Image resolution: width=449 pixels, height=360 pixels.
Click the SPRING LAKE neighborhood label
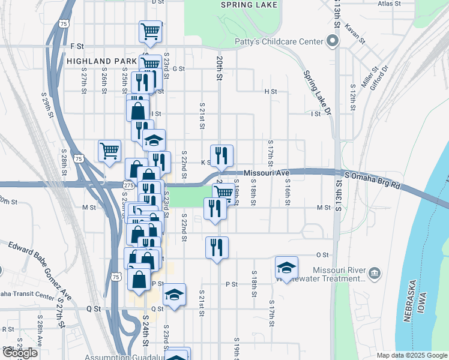pyautogui.click(x=249, y=5)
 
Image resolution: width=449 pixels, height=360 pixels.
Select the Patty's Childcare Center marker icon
pyautogui.click(x=333, y=42)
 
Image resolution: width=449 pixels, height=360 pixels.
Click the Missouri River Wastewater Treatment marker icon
pyautogui.click(x=375, y=273)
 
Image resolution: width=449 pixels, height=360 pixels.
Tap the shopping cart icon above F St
pyautogui.click(x=150, y=31)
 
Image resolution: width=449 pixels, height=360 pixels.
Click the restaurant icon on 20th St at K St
pyautogui.click(x=221, y=155)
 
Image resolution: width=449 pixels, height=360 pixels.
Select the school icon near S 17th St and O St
pyautogui.click(x=287, y=268)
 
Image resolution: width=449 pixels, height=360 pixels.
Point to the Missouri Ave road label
pyautogui.click(x=263, y=173)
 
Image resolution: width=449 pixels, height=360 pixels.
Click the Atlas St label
pyautogui.click(x=389, y=4)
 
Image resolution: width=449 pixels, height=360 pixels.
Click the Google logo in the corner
pyautogui.click(x=20, y=353)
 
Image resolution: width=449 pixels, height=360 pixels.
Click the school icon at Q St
pyautogui.click(x=174, y=295)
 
